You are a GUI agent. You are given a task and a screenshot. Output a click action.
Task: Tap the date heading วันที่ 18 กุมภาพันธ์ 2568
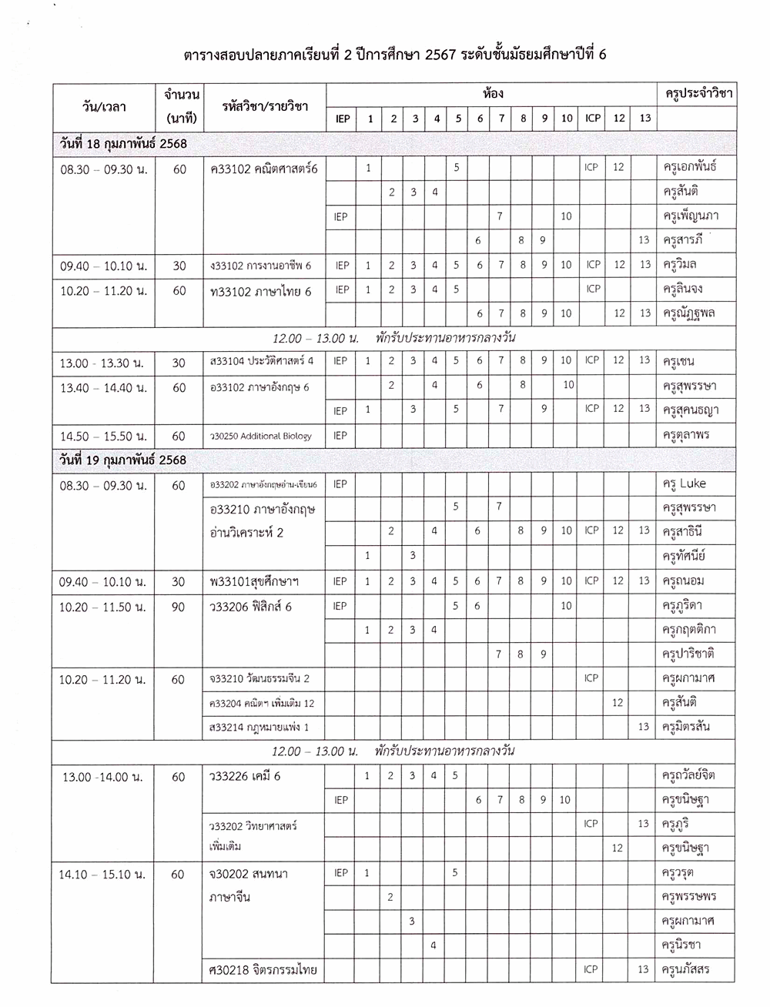tap(123, 144)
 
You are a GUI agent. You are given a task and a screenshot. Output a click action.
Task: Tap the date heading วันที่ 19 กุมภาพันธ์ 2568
tap(123, 460)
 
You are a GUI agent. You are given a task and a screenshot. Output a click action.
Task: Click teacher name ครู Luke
tap(685, 483)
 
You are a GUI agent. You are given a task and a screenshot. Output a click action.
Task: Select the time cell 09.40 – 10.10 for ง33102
tap(104, 266)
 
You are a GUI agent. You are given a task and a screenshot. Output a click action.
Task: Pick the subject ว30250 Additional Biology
tap(261, 436)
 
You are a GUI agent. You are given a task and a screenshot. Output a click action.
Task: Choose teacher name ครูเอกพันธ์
tap(690, 167)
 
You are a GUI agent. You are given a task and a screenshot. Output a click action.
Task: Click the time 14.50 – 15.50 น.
tap(104, 436)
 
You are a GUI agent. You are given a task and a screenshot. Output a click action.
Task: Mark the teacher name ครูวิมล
tap(680, 266)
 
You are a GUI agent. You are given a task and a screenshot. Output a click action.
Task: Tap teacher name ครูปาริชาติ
tap(688, 654)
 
